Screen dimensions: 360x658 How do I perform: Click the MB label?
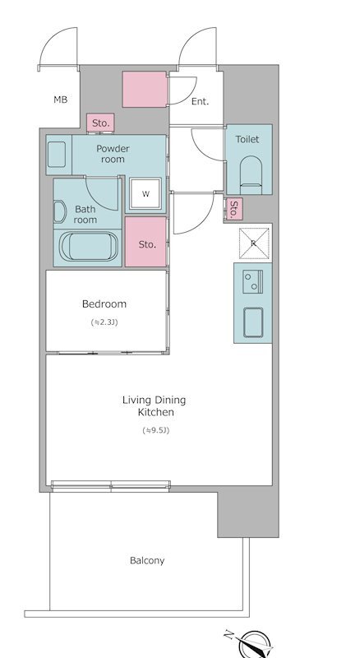pyautogui.click(x=61, y=100)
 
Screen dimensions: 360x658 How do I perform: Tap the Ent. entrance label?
pyautogui.click(x=201, y=101)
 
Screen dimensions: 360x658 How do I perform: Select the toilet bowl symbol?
pyautogui.click(x=251, y=175)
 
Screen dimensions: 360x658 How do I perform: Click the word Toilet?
pyautogui.click(x=247, y=139)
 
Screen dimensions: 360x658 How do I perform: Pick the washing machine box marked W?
pyautogui.click(x=145, y=193)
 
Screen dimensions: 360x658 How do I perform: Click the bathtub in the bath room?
pyautogui.click(x=89, y=246)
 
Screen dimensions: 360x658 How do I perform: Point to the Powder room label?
pyautogui.click(x=113, y=154)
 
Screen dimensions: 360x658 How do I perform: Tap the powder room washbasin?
pyautogui.click(x=57, y=155)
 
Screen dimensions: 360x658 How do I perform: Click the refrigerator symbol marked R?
pyautogui.click(x=254, y=243)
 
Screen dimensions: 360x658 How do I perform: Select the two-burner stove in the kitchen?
pyautogui.click(x=252, y=281)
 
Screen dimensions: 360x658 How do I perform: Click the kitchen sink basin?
pyautogui.click(x=253, y=322)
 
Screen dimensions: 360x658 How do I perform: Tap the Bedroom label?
pyautogui.click(x=104, y=304)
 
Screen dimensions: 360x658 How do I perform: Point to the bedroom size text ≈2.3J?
pyautogui.click(x=104, y=322)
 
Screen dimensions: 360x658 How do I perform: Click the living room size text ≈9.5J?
pyautogui.click(x=155, y=430)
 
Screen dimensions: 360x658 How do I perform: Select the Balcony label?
pyautogui.click(x=147, y=561)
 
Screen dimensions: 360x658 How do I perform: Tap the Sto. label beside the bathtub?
pyautogui.click(x=147, y=244)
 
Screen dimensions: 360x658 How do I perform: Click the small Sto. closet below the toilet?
pyautogui.click(x=234, y=209)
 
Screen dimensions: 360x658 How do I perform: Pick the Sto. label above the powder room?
pyautogui.click(x=101, y=123)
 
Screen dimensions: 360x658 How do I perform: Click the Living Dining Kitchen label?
pyautogui.click(x=154, y=406)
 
